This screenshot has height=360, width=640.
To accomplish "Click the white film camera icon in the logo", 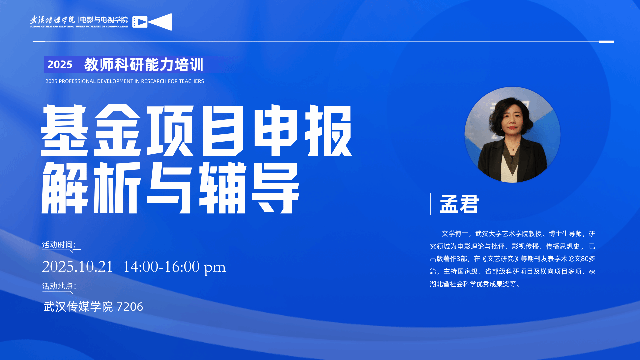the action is click(152, 22).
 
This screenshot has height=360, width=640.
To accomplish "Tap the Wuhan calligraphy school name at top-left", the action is click(53, 20).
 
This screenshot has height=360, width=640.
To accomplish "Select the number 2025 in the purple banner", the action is click(60, 64).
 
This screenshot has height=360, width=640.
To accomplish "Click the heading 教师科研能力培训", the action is click(144, 64).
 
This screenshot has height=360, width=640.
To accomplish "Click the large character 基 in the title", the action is click(64, 130).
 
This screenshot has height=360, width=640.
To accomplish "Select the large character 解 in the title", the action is click(64, 188).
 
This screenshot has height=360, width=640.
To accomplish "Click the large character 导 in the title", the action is click(276, 188).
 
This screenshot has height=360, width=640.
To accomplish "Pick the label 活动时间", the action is click(57, 245).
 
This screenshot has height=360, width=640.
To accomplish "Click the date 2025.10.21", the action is click(78, 267).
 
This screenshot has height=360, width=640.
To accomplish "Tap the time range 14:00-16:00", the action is click(161, 267).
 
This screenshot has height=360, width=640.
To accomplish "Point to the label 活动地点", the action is click(58, 286).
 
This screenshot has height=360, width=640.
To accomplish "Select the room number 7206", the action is click(130, 307).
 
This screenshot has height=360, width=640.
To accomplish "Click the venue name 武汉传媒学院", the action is click(78, 307).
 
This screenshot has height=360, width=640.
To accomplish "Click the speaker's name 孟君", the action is click(459, 204).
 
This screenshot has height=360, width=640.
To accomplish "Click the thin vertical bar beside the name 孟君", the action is click(431, 204).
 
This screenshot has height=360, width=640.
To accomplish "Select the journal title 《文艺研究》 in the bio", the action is click(500, 259).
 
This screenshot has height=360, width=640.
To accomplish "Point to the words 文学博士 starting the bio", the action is click(455, 234).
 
